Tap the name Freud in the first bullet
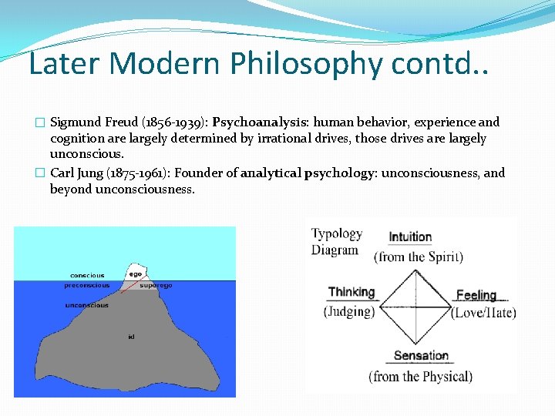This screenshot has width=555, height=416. click(116, 122)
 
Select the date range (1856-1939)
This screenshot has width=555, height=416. click(173, 122)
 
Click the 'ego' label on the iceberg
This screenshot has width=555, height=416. click(136, 273)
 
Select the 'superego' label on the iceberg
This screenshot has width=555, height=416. click(156, 285)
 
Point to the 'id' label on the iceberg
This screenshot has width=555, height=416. click(132, 337)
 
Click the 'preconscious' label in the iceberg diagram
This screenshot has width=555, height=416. click(86, 285)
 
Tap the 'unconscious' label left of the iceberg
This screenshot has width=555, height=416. click(86, 305)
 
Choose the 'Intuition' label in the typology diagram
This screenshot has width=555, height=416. click(410, 237)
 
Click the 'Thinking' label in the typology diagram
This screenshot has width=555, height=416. click(351, 293)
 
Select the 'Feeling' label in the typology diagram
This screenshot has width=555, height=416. click(476, 295)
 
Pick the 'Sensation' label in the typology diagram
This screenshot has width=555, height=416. click(421, 356)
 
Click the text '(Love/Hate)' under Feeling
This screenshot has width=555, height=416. click(484, 313)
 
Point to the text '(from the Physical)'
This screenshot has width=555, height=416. click(420, 377)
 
